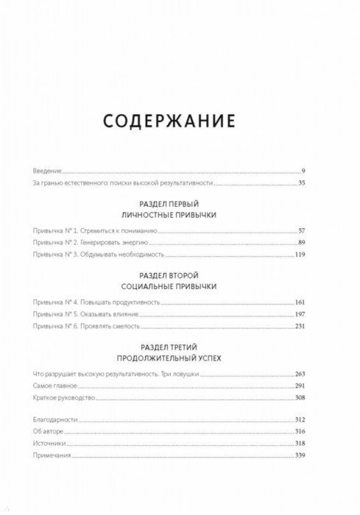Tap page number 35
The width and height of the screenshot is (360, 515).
tap(300, 182)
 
